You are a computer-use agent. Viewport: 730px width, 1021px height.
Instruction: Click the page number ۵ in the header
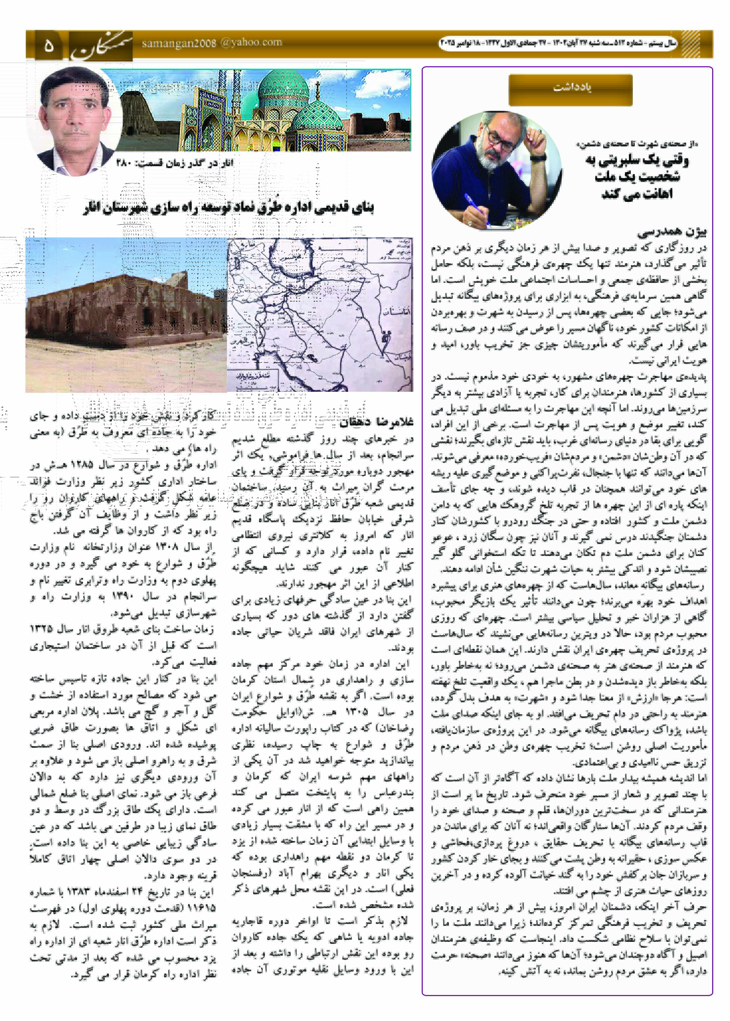point(48,46)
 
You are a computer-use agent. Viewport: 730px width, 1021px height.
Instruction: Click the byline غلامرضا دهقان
point(377,422)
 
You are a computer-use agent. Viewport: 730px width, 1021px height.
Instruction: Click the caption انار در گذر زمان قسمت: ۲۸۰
point(175,163)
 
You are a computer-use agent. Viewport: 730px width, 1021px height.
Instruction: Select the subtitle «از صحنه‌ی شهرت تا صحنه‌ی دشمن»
point(637,144)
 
